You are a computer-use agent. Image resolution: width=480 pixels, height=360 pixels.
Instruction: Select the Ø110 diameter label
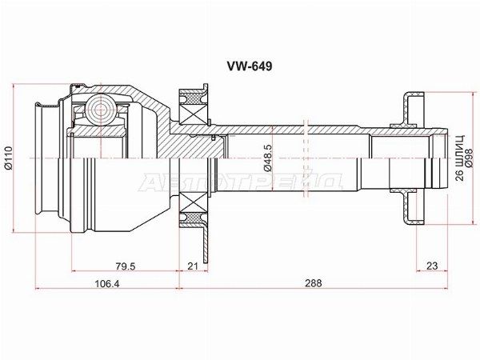coord(9,160)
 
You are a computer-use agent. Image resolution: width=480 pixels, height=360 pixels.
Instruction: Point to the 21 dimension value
coord(191,266)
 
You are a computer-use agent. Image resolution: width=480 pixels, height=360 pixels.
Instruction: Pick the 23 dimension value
coord(430,266)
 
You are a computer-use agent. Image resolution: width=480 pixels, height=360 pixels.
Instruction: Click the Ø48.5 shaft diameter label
coord(254,160)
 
